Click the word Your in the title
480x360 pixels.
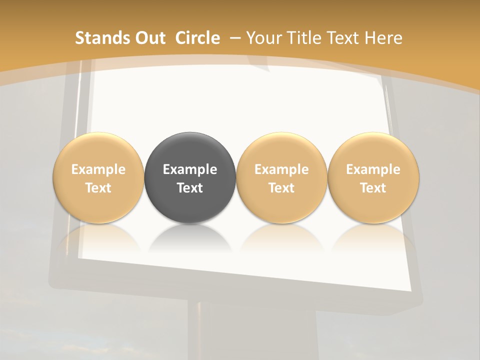coord(263,38)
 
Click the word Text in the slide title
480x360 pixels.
coord(344,38)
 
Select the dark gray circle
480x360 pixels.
coord(190,150)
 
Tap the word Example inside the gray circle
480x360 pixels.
coord(190,169)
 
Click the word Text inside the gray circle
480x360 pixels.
coord(190,188)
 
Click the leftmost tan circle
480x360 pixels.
coord(98,150)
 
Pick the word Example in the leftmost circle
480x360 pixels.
coord(98,169)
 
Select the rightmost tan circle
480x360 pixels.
coord(373,150)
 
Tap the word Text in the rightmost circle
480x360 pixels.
coord(373,188)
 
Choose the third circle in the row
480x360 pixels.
coord(281,150)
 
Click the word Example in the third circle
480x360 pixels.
coord(281,169)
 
